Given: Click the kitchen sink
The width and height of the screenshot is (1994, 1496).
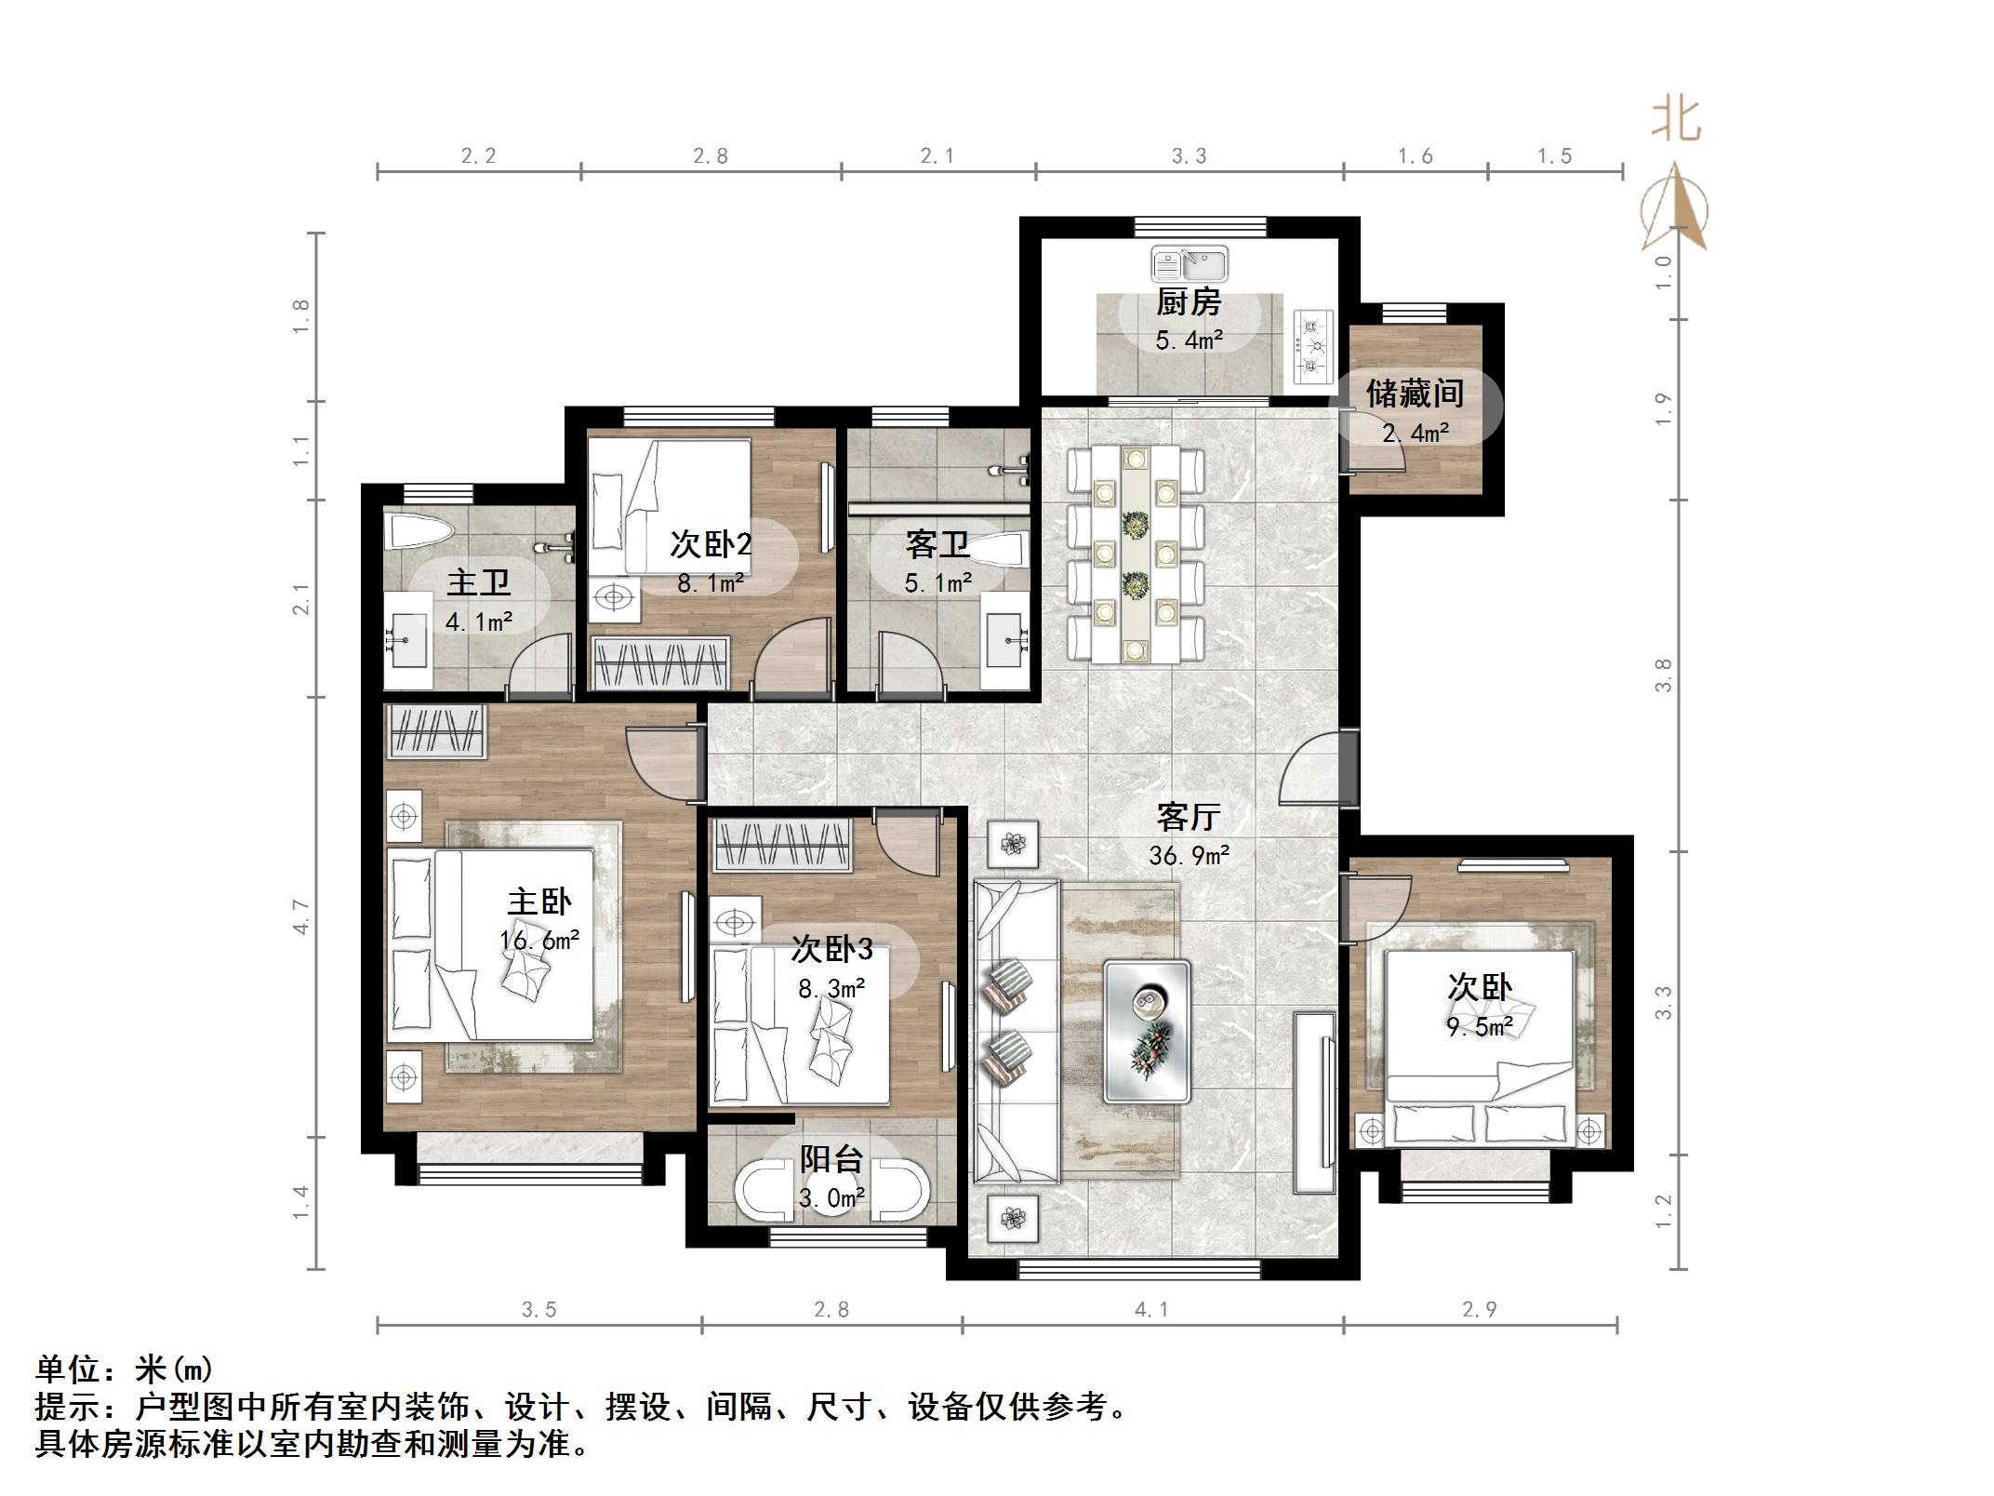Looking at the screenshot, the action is click(x=1190, y=263).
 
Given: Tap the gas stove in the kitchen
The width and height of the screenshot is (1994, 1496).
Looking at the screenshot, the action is click(x=1312, y=347).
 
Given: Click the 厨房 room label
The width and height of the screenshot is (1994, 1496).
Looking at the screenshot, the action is click(x=1189, y=302).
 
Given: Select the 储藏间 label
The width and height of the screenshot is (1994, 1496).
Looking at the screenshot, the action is click(x=1415, y=394).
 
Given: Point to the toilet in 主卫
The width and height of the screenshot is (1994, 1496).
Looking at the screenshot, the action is click(x=420, y=533).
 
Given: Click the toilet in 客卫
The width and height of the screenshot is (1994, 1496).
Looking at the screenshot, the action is click(x=1000, y=552).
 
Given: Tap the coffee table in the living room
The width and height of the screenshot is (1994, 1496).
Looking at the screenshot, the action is click(x=1147, y=1031).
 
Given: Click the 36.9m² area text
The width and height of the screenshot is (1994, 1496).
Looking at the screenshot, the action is click(x=1189, y=855).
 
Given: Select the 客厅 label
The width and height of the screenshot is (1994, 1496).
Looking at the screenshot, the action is click(x=1189, y=817).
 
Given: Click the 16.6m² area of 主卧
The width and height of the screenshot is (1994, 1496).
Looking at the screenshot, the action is click(x=539, y=940).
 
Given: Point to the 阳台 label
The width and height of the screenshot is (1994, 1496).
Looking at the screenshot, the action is click(x=831, y=1159).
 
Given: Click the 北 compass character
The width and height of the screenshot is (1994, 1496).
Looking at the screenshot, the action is click(x=1677, y=121).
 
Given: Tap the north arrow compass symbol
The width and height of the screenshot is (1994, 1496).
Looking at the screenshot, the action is click(x=1675, y=207).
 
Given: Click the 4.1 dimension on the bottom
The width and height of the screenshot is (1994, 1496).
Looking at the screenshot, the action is click(x=1151, y=1310).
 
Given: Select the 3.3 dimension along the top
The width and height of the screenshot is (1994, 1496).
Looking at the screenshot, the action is click(x=1189, y=156).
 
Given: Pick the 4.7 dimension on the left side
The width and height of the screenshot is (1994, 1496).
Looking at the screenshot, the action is click(x=300, y=916).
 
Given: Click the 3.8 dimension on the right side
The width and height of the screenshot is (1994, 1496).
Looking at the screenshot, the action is click(x=1664, y=675).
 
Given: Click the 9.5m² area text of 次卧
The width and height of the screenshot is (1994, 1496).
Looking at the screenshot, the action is click(x=1479, y=1027).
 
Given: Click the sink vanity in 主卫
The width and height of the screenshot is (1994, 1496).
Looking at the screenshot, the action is click(x=407, y=639).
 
